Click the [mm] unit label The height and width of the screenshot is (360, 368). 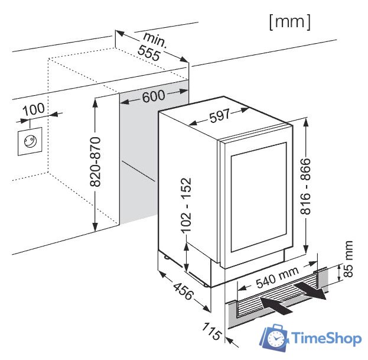[x=289, y=22]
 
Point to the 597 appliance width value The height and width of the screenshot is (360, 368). [x=219, y=117]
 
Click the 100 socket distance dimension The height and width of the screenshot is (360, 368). [x=34, y=110]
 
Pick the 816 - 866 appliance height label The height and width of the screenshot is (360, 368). [x=305, y=187]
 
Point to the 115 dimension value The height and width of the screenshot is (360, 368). [x=212, y=331]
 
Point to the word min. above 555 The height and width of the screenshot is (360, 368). [x=155, y=40]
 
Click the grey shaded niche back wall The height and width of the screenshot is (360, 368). [x=139, y=160]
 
